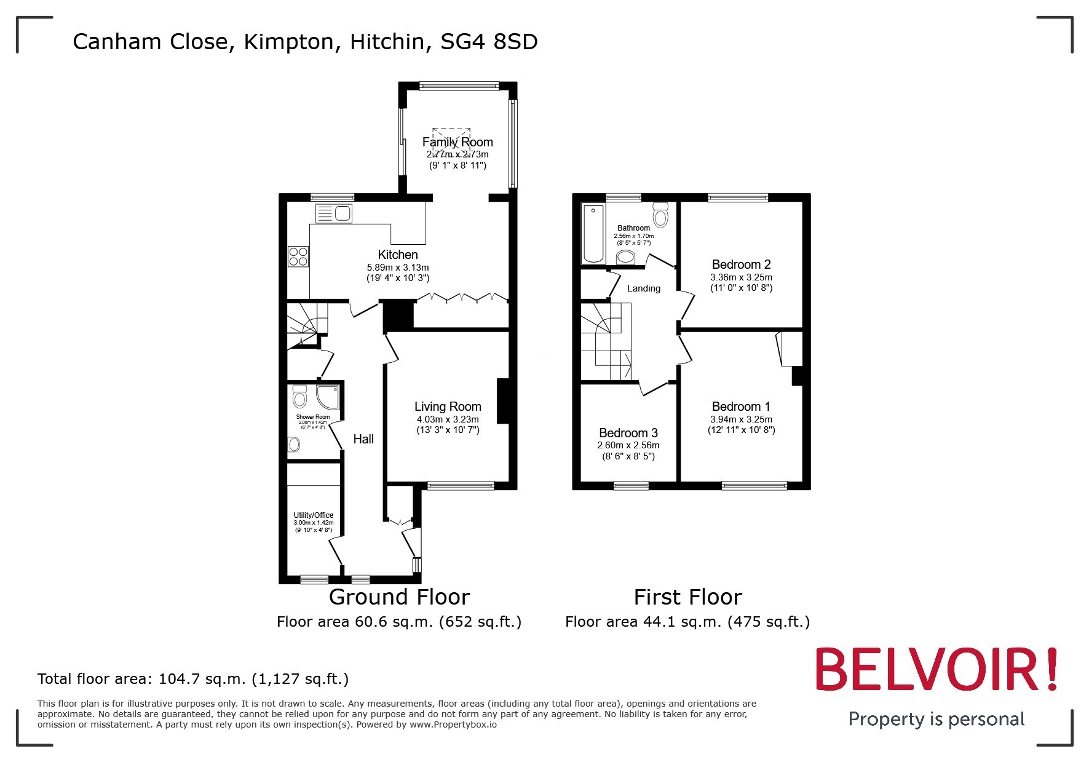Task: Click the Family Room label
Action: (x=457, y=142)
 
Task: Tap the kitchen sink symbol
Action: (x=335, y=213)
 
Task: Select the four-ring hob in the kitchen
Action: (x=298, y=256)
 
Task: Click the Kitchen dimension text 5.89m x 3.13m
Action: (x=398, y=268)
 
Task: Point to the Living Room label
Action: (x=447, y=407)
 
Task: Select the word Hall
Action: (x=363, y=439)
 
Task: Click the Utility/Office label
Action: (x=314, y=515)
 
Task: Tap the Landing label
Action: (x=643, y=288)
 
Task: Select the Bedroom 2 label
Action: (x=741, y=264)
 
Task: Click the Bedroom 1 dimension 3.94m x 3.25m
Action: (x=741, y=419)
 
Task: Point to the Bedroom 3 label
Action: (x=628, y=433)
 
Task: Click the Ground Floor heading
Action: (x=399, y=597)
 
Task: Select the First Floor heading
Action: (x=687, y=597)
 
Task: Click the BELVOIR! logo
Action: (x=936, y=669)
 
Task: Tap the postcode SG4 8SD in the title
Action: (x=489, y=42)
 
